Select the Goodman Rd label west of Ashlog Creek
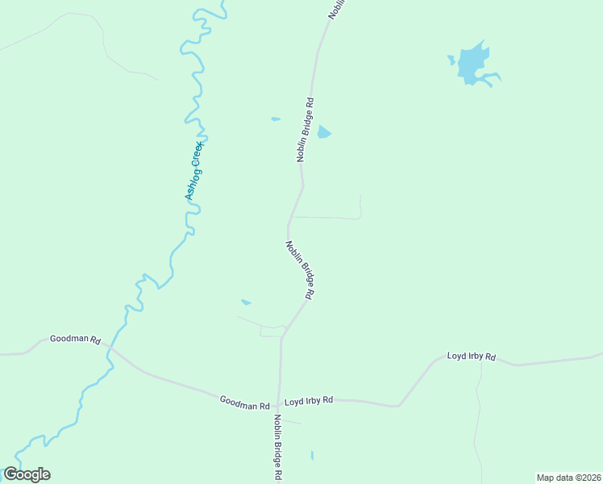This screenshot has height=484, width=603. tap(74, 340)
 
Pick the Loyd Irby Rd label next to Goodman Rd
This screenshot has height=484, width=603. tap(309, 400)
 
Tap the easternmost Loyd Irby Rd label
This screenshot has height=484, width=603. tap(472, 356)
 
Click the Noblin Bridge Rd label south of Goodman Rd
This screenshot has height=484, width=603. tap(277, 448)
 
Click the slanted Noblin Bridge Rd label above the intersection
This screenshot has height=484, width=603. tap(299, 271)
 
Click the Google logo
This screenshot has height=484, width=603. tap(27, 474)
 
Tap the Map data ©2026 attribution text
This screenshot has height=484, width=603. tap(568, 478)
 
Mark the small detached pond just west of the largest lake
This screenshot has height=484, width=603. tap(451, 59)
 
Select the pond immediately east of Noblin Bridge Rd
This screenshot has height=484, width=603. tap(323, 131)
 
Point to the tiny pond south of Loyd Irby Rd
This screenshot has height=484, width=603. tap(312, 456)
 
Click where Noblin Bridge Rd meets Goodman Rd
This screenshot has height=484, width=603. tap(279, 403)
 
